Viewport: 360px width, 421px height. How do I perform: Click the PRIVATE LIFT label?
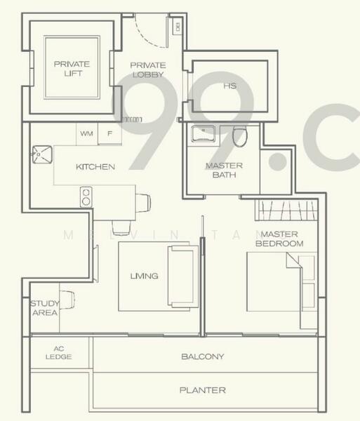pos(72,69)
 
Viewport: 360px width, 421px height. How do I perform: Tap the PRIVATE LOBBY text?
pos(147,69)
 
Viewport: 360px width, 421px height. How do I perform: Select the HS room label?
pos(229,86)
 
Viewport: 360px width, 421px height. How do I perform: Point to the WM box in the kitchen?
pos(86,133)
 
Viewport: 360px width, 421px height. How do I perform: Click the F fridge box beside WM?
pos(109,133)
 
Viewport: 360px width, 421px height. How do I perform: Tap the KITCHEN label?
pos(95,167)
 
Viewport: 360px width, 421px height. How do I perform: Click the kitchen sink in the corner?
pos(42,154)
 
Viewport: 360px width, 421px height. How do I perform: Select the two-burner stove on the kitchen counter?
pos(86,196)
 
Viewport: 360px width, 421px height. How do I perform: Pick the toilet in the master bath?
pos(240,136)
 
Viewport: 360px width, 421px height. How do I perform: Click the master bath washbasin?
pos(206,133)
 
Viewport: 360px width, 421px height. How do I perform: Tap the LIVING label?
pos(144,276)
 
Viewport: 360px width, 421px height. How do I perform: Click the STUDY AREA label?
pos(44,308)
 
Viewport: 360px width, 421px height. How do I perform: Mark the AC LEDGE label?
pos(59,352)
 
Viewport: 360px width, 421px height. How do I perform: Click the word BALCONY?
pos(203,356)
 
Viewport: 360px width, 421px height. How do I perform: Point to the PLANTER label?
pos(202,390)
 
